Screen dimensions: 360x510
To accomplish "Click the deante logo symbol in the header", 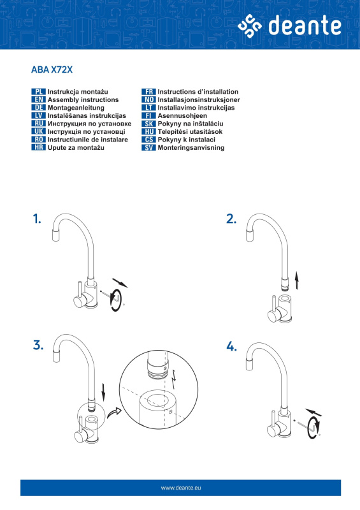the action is (249, 26).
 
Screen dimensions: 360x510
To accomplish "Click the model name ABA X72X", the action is (52, 69).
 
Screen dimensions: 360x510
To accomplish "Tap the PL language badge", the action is (38, 92).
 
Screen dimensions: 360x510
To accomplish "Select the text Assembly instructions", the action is (83, 100).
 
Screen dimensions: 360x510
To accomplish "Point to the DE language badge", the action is (38, 108).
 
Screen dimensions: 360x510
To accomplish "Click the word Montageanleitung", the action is (76, 108).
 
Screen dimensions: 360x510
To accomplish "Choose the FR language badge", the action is (148, 92).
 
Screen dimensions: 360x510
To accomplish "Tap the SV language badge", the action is (148, 148).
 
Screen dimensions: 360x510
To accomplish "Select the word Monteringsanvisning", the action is (191, 148).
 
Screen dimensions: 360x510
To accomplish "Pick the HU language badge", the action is (148, 132).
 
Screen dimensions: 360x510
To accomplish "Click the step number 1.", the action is (37, 219).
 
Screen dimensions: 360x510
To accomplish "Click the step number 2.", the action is (231, 219).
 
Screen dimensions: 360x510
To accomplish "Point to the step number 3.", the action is (38, 345).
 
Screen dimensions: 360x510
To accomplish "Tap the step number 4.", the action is (231, 346).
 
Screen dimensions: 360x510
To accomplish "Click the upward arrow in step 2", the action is (296, 280).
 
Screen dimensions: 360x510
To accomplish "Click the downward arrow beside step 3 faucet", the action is (103, 392).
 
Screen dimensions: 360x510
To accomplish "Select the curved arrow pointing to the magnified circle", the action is (113, 413).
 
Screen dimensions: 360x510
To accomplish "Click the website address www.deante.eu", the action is (181, 488).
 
